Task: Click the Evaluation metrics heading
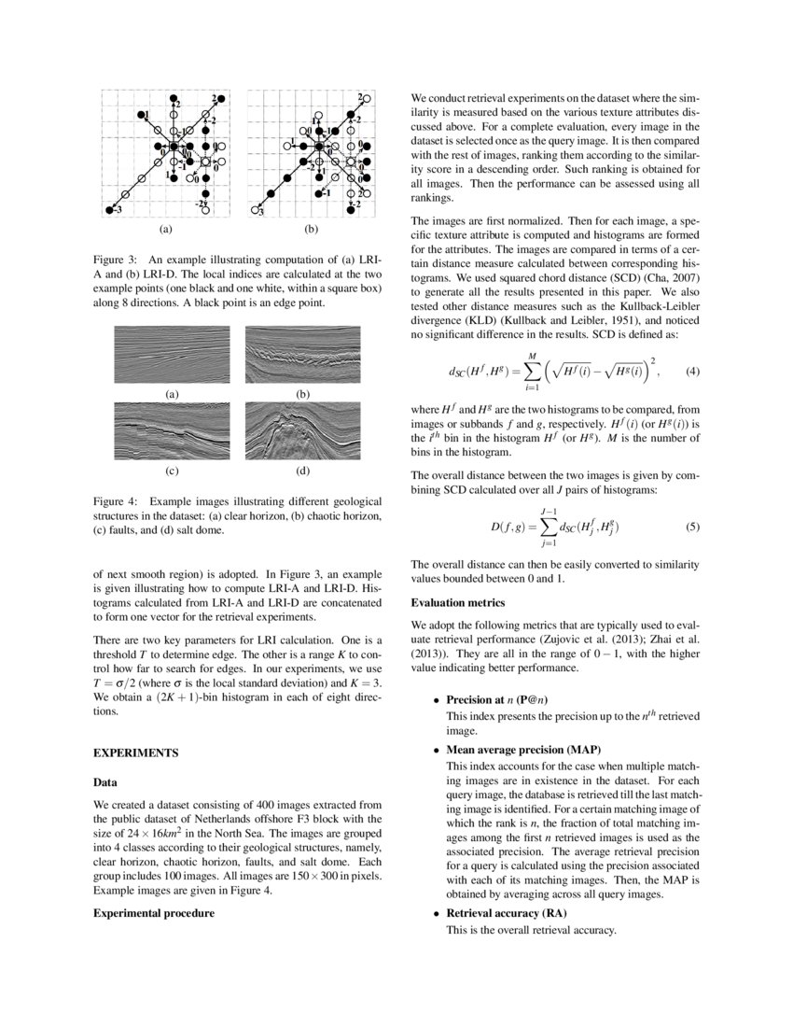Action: point(452,603)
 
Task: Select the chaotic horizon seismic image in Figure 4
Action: point(302,355)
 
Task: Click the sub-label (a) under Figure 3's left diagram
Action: point(166,227)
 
